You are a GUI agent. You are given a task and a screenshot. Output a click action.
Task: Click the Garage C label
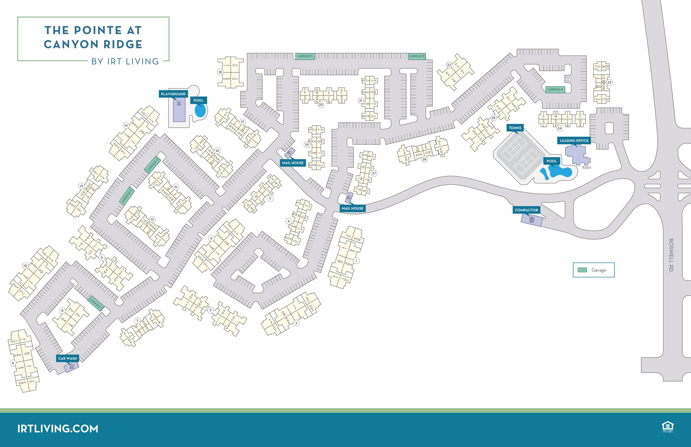click(305, 56)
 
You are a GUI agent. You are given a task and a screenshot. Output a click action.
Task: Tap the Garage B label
click(417, 56)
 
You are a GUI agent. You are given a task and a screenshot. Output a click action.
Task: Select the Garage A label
click(555, 89)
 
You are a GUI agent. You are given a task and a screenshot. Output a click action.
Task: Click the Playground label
click(173, 94)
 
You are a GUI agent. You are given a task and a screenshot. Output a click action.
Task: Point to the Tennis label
click(515, 128)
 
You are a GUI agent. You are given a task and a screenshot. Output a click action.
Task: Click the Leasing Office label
click(574, 141)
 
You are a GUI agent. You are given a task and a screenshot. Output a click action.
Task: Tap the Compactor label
click(526, 210)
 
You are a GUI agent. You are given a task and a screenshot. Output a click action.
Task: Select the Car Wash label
click(67, 358)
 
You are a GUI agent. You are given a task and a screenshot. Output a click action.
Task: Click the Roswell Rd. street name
click(671, 255)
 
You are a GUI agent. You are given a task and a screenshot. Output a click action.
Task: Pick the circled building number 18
click(220, 72)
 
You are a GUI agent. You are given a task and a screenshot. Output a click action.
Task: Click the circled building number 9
click(13, 363)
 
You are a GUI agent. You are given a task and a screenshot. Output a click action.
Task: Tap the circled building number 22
click(449, 65)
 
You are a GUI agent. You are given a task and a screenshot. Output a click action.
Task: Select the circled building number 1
click(356, 261)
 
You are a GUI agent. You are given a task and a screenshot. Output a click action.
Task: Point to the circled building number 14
click(126, 125)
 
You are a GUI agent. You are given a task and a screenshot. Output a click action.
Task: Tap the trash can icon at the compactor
click(532, 220)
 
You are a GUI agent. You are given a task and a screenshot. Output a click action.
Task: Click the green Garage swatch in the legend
click(582, 270)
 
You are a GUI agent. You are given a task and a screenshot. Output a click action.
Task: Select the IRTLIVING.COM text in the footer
click(58, 429)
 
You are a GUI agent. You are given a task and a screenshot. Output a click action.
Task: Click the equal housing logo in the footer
click(668, 427)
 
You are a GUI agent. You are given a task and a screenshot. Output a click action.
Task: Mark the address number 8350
click(587, 167)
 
